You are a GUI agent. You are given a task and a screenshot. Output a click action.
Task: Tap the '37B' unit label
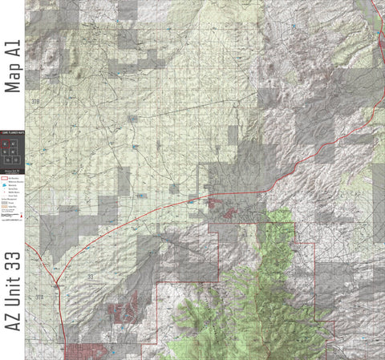pyautogui.click(x=35, y=102)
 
